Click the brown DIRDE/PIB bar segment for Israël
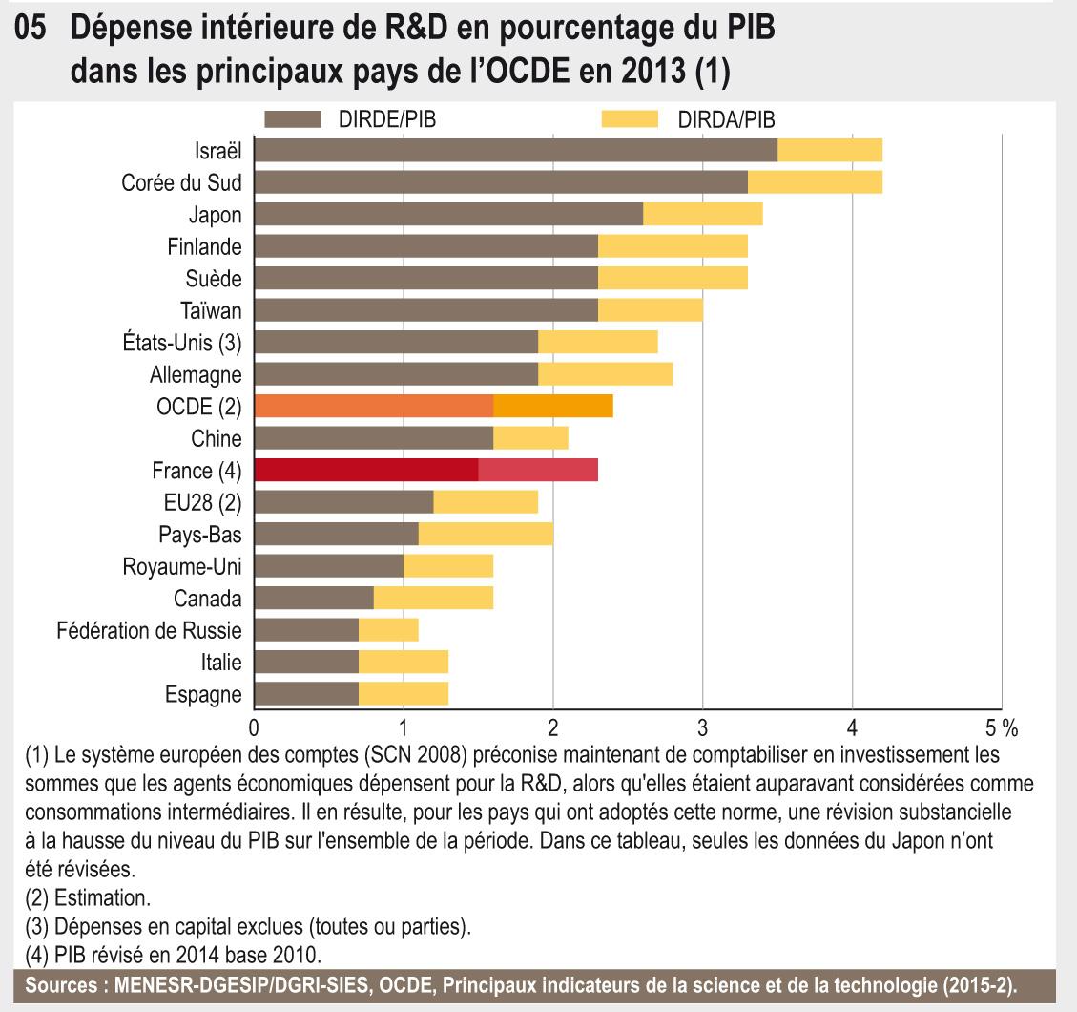click(x=516, y=150)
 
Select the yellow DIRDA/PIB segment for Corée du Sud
click(x=815, y=181)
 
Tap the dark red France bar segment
click(x=366, y=470)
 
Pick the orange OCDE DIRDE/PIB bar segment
click(x=374, y=406)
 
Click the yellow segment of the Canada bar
click(x=433, y=598)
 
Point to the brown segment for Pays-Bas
click(x=337, y=534)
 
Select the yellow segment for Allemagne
click(x=605, y=373)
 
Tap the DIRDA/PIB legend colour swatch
click(x=631, y=119)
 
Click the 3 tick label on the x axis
click(x=703, y=728)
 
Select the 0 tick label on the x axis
click(x=255, y=728)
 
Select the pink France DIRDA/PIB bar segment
click(x=538, y=470)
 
